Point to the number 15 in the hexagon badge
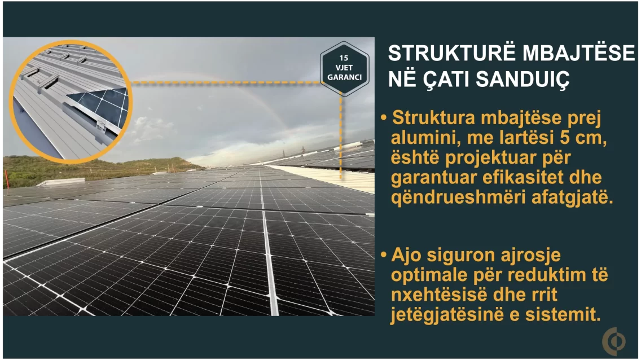coord(344,58)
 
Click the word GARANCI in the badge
coord(344,77)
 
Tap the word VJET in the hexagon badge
coord(344,68)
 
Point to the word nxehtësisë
coord(439,295)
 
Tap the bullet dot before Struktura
coord(384,118)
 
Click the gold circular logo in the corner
coord(614,340)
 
